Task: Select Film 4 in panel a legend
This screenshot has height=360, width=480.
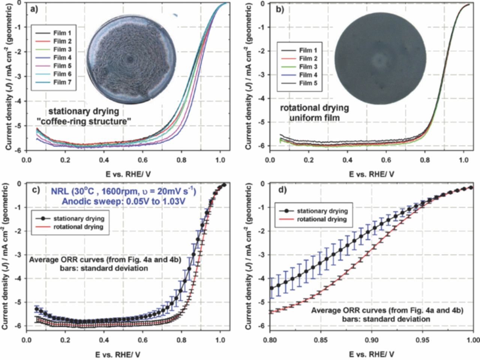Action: click(62, 58)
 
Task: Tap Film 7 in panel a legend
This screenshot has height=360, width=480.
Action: click(62, 82)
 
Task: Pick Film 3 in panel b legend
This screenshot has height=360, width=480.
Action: click(308, 67)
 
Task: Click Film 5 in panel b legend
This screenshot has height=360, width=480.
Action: click(308, 83)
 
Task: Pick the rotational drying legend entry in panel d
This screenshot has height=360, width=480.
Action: click(321, 219)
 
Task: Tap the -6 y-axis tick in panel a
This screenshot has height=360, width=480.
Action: click(21, 150)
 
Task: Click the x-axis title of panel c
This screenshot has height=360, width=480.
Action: click(124, 353)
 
